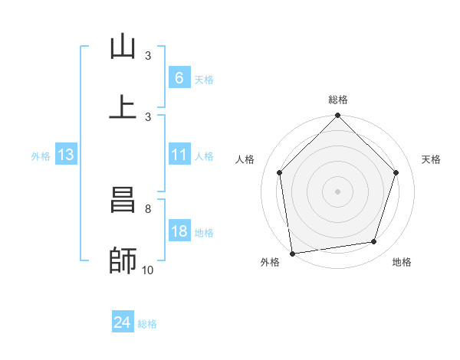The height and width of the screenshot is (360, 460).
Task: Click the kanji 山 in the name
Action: tap(123, 47)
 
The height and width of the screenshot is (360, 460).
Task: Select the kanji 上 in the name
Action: tap(123, 107)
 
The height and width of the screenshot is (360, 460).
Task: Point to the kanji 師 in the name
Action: tap(123, 260)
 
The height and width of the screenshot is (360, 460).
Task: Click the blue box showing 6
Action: tap(179, 77)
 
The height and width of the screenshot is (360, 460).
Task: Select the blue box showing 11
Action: tap(179, 155)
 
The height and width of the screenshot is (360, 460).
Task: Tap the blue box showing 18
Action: tap(179, 231)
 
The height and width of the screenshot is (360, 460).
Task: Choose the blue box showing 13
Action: tap(66, 155)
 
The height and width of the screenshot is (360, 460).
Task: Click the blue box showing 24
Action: tap(122, 322)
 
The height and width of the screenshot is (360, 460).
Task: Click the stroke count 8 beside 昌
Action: tap(147, 208)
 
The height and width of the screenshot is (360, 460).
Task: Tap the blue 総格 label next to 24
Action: tap(147, 324)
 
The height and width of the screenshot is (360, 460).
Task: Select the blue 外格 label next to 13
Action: tap(41, 156)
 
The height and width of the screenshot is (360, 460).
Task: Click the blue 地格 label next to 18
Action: tap(204, 233)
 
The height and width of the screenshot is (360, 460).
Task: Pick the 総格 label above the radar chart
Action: tap(338, 100)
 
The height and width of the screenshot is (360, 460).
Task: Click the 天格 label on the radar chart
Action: tap(432, 159)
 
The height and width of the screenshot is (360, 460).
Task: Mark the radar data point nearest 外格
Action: tap(292, 253)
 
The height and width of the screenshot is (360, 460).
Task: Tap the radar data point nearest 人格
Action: tap(280, 172)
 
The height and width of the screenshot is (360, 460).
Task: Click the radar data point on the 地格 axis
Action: tap(374, 241)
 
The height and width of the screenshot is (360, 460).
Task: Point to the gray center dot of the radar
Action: tap(338, 191)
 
